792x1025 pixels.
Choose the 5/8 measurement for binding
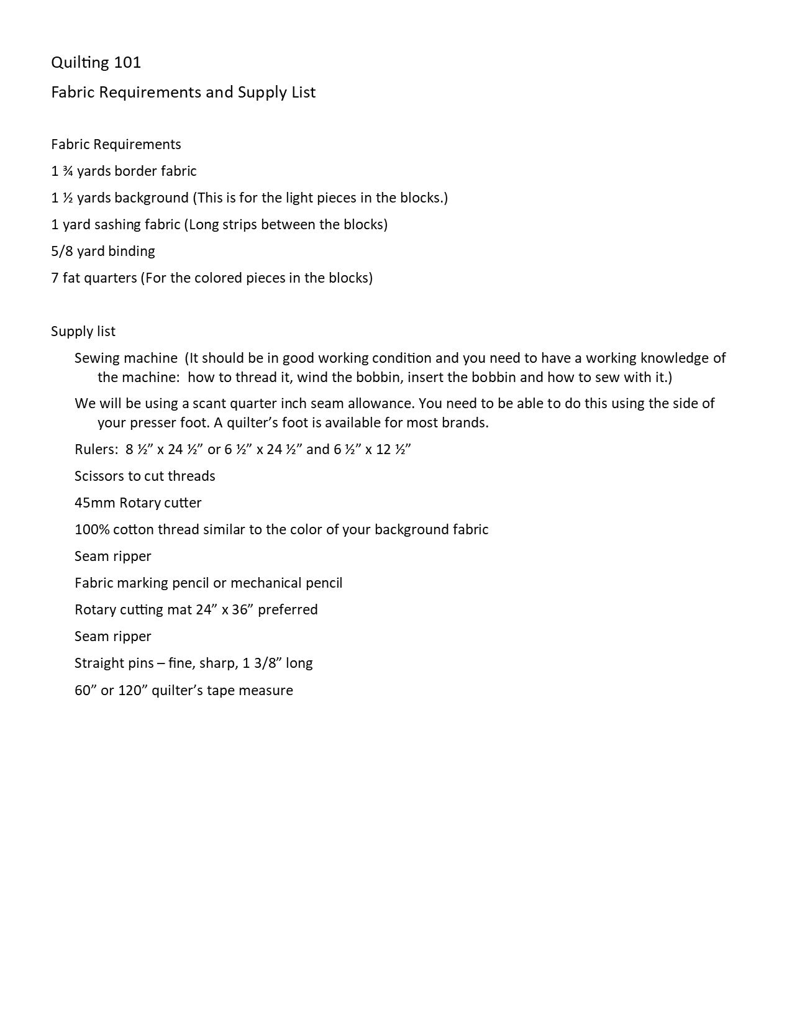(x=63, y=252)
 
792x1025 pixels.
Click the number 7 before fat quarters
(x=55, y=278)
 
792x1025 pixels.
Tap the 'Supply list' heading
(x=83, y=332)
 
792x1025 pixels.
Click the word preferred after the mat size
(x=288, y=610)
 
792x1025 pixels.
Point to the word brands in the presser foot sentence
(x=465, y=423)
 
